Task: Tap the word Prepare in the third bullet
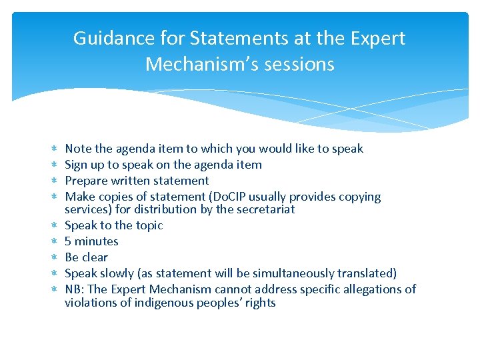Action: (x=86, y=181)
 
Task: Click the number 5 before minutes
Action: (x=68, y=241)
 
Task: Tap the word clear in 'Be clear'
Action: (x=95, y=257)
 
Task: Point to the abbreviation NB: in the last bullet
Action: (x=75, y=289)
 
